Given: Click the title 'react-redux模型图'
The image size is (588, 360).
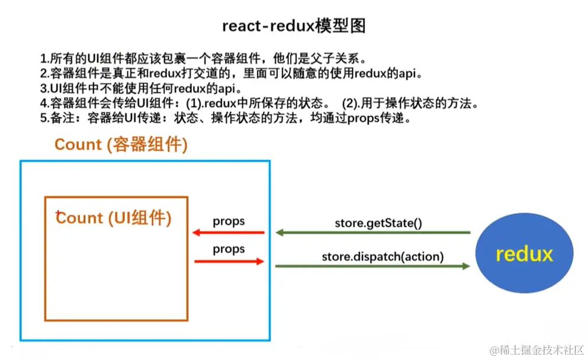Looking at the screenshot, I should click(294, 25).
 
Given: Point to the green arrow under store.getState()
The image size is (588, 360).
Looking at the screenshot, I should click(373, 233).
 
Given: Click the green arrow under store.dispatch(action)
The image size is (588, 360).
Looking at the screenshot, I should click(373, 266).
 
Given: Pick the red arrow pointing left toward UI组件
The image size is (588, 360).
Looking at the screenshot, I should click(227, 233).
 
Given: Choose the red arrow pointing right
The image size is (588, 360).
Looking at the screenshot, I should click(229, 261).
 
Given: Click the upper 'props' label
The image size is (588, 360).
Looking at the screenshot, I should click(229, 221).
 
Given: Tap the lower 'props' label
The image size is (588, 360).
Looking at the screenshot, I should click(229, 249).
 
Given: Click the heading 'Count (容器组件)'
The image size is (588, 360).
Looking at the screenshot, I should click(121, 145).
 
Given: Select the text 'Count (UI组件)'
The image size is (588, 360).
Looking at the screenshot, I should click(114, 218).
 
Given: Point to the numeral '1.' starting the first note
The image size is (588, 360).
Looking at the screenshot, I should click(44, 59).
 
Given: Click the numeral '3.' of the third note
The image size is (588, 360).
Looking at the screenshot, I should click(44, 89).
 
